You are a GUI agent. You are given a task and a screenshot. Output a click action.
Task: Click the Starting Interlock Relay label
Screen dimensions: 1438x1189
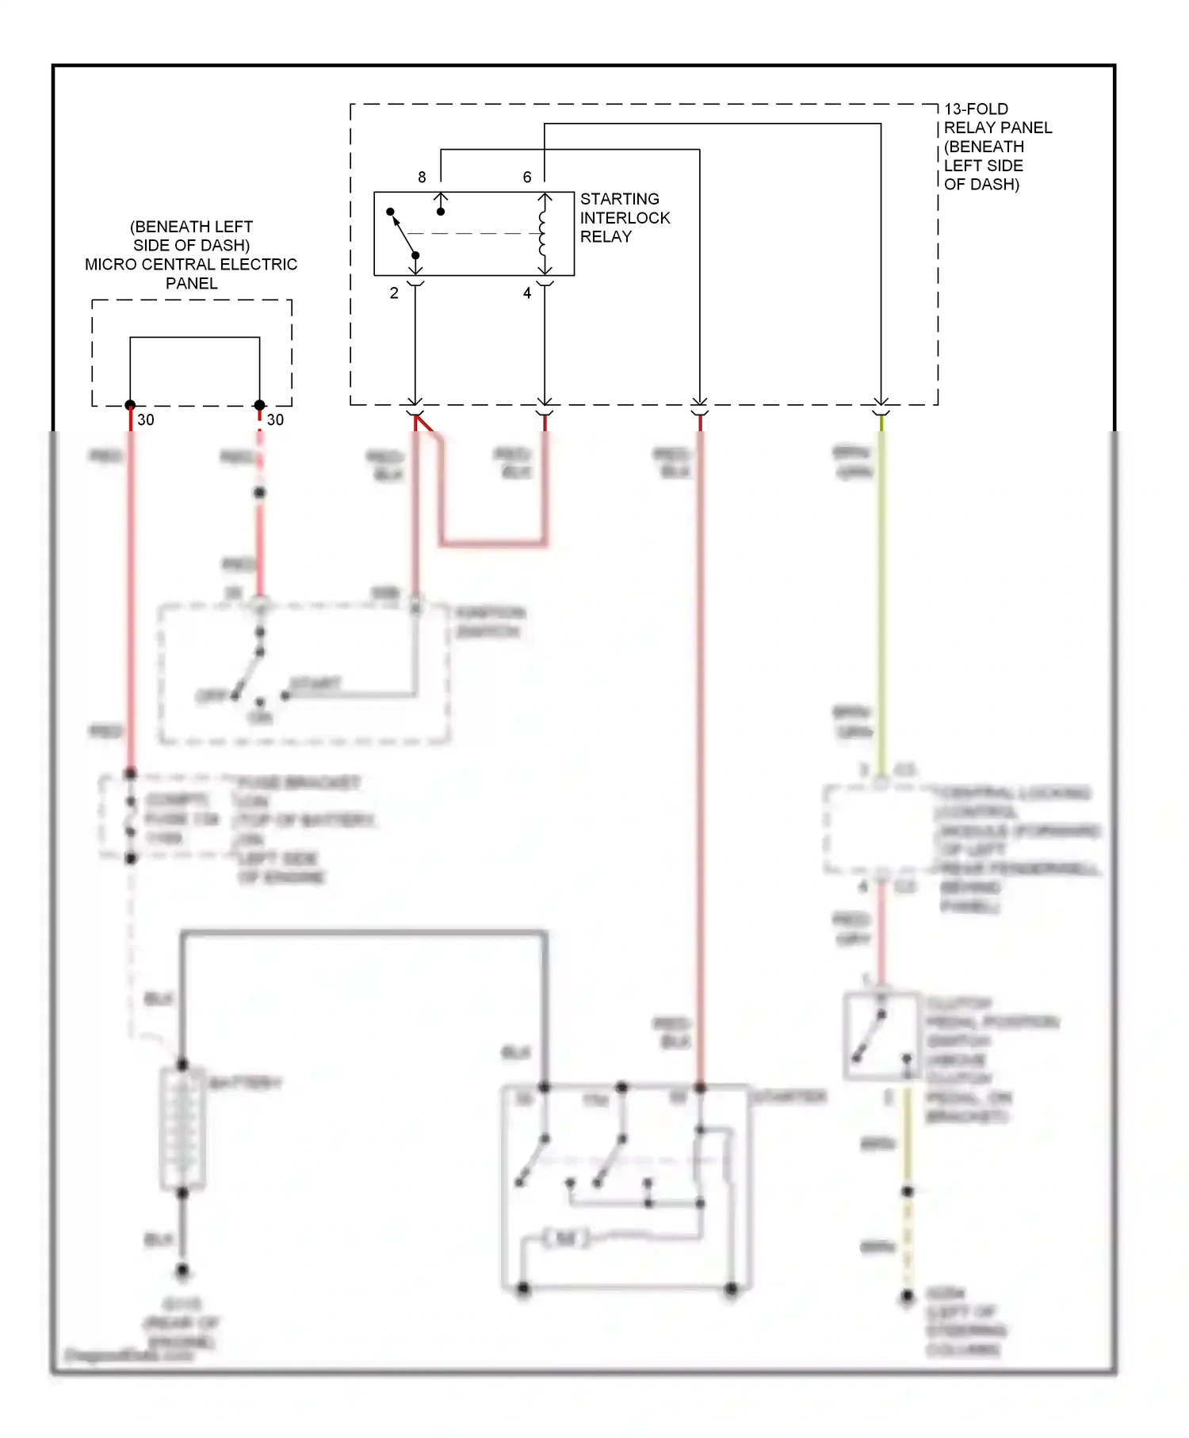click(624, 217)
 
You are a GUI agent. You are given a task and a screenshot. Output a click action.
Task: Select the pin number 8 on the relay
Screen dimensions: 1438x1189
click(422, 177)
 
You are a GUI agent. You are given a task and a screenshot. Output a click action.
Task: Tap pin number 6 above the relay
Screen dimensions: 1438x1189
click(527, 177)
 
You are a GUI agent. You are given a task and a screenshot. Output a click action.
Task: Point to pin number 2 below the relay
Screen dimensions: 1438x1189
click(394, 293)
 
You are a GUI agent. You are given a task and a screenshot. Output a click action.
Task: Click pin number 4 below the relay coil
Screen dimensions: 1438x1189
click(527, 293)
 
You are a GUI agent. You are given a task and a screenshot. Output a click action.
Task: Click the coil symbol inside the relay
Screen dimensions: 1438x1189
click(544, 234)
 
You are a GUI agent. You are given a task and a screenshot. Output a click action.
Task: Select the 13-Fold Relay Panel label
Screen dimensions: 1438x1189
click(996, 147)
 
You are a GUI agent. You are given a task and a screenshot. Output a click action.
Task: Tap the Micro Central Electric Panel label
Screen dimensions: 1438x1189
click(191, 254)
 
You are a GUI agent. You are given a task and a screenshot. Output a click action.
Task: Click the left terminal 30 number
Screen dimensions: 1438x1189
click(146, 419)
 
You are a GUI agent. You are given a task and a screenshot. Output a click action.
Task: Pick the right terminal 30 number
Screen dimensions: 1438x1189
click(275, 419)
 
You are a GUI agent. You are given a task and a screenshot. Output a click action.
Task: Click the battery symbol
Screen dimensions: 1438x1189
click(183, 1127)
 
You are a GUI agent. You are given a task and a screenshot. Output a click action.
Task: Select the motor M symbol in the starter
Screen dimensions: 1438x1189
click(566, 1237)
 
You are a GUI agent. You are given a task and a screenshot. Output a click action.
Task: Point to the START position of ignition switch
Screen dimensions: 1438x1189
click(315, 683)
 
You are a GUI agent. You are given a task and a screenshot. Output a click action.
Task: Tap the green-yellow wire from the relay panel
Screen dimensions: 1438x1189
click(881, 595)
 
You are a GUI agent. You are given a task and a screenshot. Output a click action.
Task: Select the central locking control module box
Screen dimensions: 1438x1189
click(880, 829)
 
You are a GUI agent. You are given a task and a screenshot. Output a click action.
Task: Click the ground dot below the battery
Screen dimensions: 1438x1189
click(182, 1270)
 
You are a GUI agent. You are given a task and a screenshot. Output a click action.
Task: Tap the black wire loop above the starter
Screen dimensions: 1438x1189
click(365, 934)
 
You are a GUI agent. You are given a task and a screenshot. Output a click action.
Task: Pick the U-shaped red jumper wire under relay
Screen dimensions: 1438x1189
click(491, 543)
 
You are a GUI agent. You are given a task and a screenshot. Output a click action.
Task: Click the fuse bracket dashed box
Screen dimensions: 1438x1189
click(166, 817)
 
